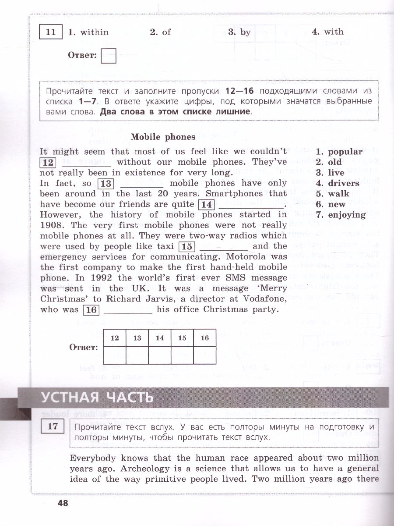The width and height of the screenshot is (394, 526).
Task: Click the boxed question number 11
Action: point(51,32)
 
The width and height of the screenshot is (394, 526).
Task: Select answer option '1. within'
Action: point(88,32)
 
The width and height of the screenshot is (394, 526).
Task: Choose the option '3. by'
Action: point(239,32)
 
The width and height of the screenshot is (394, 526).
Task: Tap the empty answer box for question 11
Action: point(108,56)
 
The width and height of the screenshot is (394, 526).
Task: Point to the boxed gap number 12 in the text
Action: point(48,163)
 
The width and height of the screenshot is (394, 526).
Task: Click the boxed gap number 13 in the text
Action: point(106,184)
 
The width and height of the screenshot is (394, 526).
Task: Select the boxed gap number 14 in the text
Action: point(206,205)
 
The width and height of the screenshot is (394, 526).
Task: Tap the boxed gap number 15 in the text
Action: point(187,247)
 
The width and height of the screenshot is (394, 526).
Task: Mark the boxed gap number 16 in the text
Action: point(91,310)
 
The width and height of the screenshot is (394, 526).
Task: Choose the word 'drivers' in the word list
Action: point(344,183)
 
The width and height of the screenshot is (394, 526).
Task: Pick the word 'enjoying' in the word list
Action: point(347,215)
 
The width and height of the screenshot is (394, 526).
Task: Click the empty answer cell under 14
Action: point(160,355)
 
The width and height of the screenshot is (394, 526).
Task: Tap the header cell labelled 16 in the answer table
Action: point(205,338)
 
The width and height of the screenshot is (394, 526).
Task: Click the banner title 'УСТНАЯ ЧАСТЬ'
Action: point(98,397)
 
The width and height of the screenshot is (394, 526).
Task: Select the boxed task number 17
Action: point(52,426)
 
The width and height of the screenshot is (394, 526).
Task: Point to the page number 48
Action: point(63,503)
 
